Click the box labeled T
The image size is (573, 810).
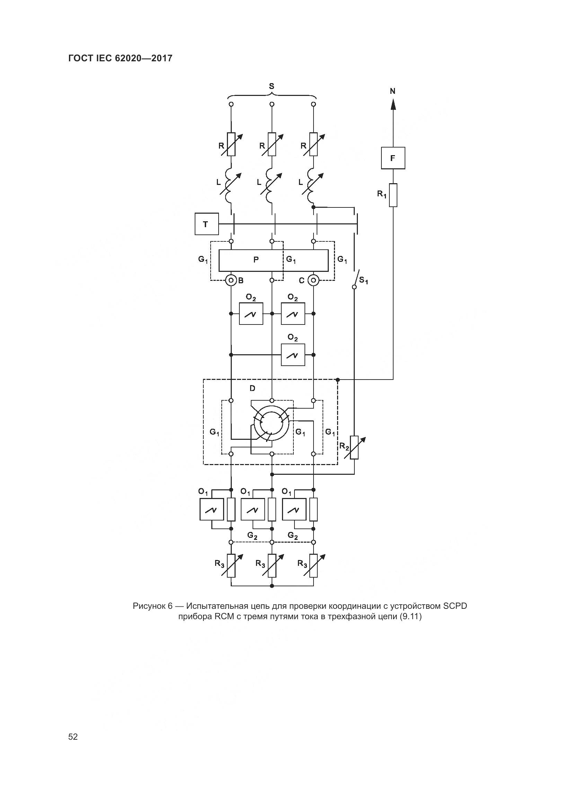pos(206,224)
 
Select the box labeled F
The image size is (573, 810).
pos(393,158)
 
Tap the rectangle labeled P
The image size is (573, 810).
pos(256,260)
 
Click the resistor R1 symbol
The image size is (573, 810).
pos(393,195)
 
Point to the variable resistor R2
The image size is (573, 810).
pos(355,447)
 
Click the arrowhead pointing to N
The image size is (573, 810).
pos(393,104)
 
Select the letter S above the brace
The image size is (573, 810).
pos(271,86)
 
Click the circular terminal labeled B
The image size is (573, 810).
pos(231,281)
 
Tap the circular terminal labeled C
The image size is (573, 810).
pos(313,281)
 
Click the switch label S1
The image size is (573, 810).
pos(363,281)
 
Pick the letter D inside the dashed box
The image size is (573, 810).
pos(252,389)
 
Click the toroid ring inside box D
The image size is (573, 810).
pos(272,426)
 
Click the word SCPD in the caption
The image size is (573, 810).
pos(455,606)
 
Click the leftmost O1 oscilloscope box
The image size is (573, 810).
pos(212,510)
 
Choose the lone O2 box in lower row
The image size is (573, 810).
pos(293,355)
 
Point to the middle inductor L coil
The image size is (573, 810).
pos(271,185)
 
